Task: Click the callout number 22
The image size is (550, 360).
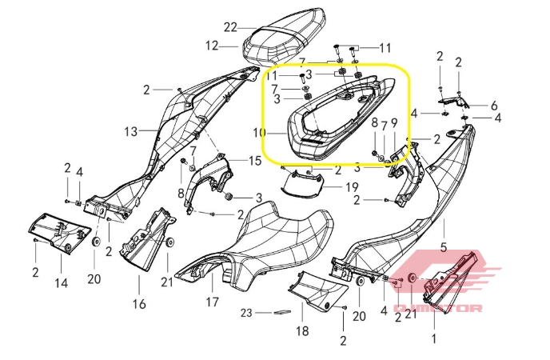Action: coord(230,26)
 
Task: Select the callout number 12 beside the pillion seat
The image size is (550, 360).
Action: coord(211,46)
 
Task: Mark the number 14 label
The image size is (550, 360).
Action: coord(61,282)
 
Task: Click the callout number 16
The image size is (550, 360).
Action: coord(139,303)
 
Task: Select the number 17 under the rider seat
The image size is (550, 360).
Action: coord(212,302)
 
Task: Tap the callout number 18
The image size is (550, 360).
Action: coord(301,331)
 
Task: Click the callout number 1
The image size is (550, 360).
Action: coord(434,338)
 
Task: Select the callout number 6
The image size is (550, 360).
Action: coord(494,105)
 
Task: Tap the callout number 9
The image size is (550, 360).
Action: coord(393,122)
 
